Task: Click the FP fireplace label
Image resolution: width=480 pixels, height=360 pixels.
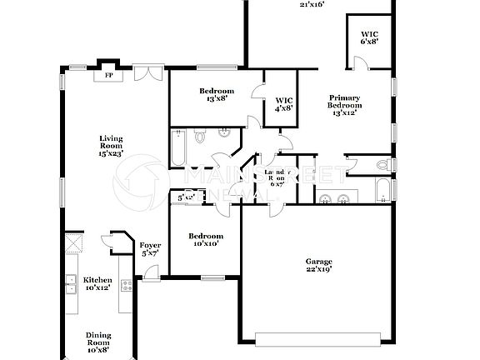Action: (x=108, y=76)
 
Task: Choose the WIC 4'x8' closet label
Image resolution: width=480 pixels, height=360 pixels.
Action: (x=283, y=103)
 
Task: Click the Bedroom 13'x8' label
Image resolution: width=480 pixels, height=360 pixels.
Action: (x=216, y=94)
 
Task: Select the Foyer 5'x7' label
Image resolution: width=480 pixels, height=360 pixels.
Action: (x=150, y=248)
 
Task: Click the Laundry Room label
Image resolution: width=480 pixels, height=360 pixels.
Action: (x=277, y=177)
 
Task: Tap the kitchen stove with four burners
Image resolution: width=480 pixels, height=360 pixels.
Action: (x=127, y=286)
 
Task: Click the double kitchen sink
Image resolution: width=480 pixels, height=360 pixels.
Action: (x=70, y=284)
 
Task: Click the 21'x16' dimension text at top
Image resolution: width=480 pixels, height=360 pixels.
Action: (x=312, y=4)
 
